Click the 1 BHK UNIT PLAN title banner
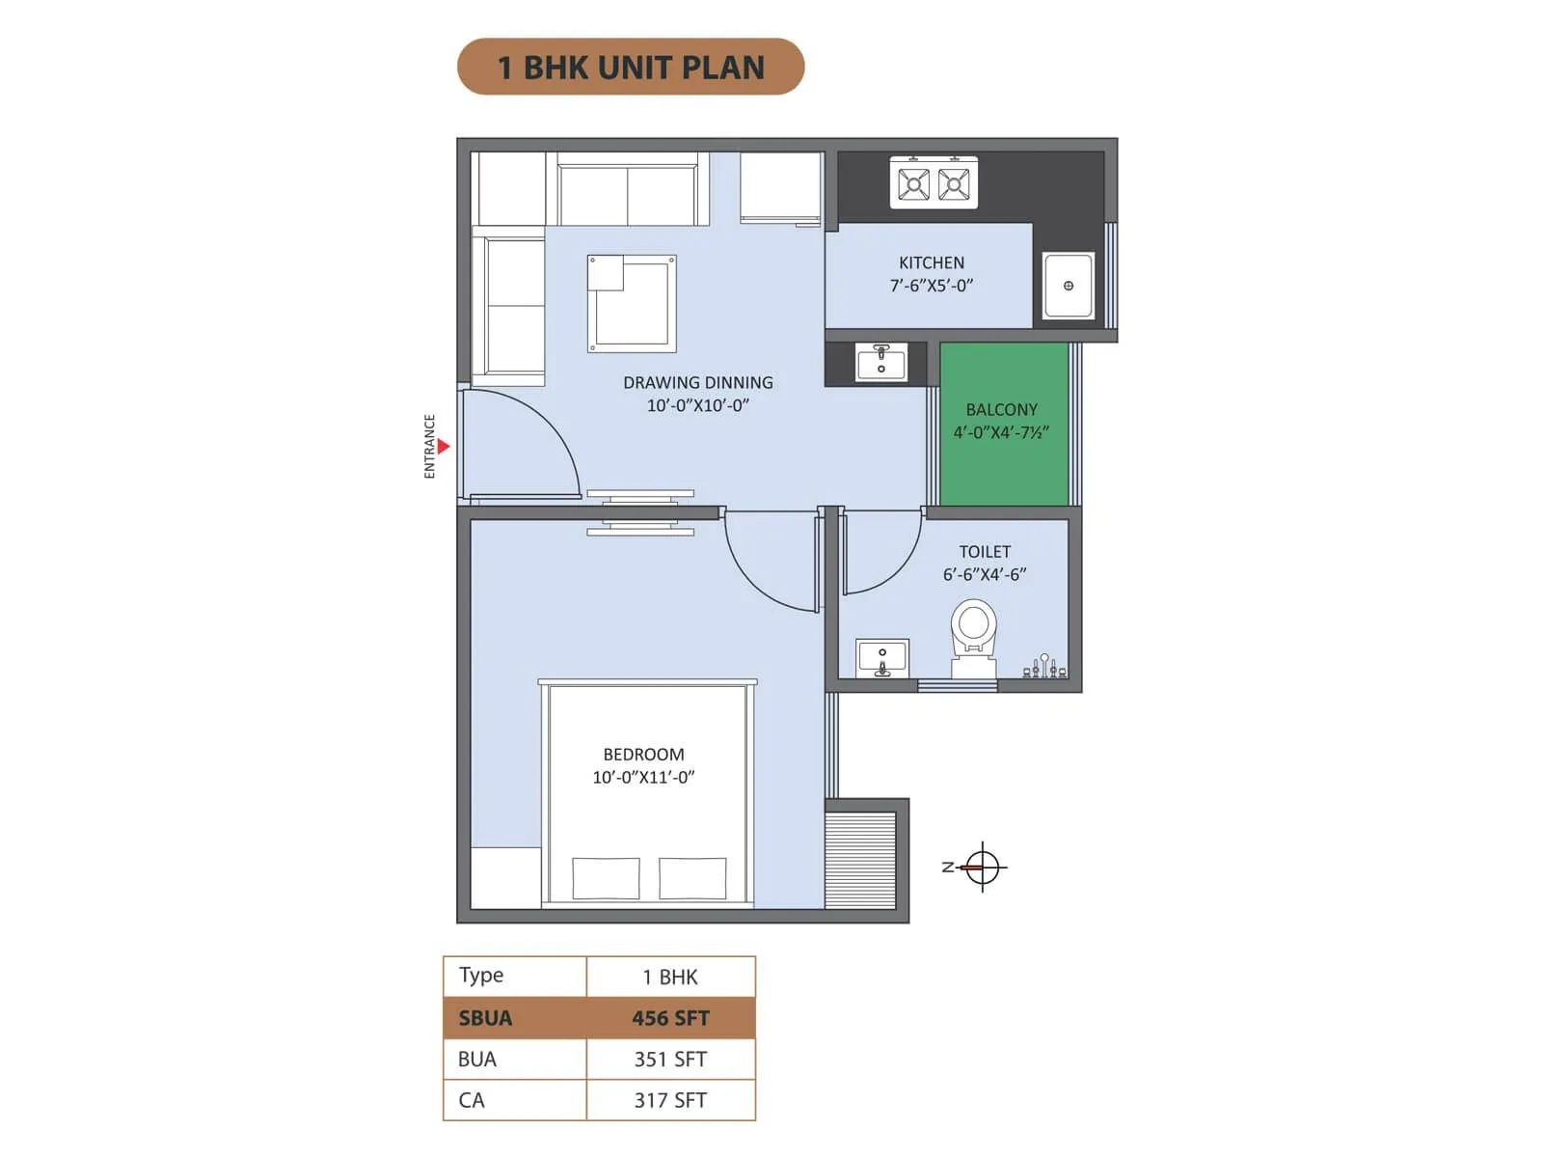(x=630, y=67)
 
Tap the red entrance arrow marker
(x=443, y=446)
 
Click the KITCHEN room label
(x=931, y=262)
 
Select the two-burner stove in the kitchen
(x=933, y=182)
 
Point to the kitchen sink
(x=1068, y=285)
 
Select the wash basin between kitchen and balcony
(x=880, y=363)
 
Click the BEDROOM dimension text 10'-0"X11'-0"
(x=643, y=778)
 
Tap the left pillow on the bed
(x=606, y=878)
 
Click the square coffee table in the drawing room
(x=632, y=303)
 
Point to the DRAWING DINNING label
(x=697, y=383)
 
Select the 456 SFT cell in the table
(x=670, y=1018)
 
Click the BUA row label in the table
(x=477, y=1060)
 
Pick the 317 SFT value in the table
(x=670, y=1100)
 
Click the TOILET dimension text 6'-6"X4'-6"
(x=984, y=575)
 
